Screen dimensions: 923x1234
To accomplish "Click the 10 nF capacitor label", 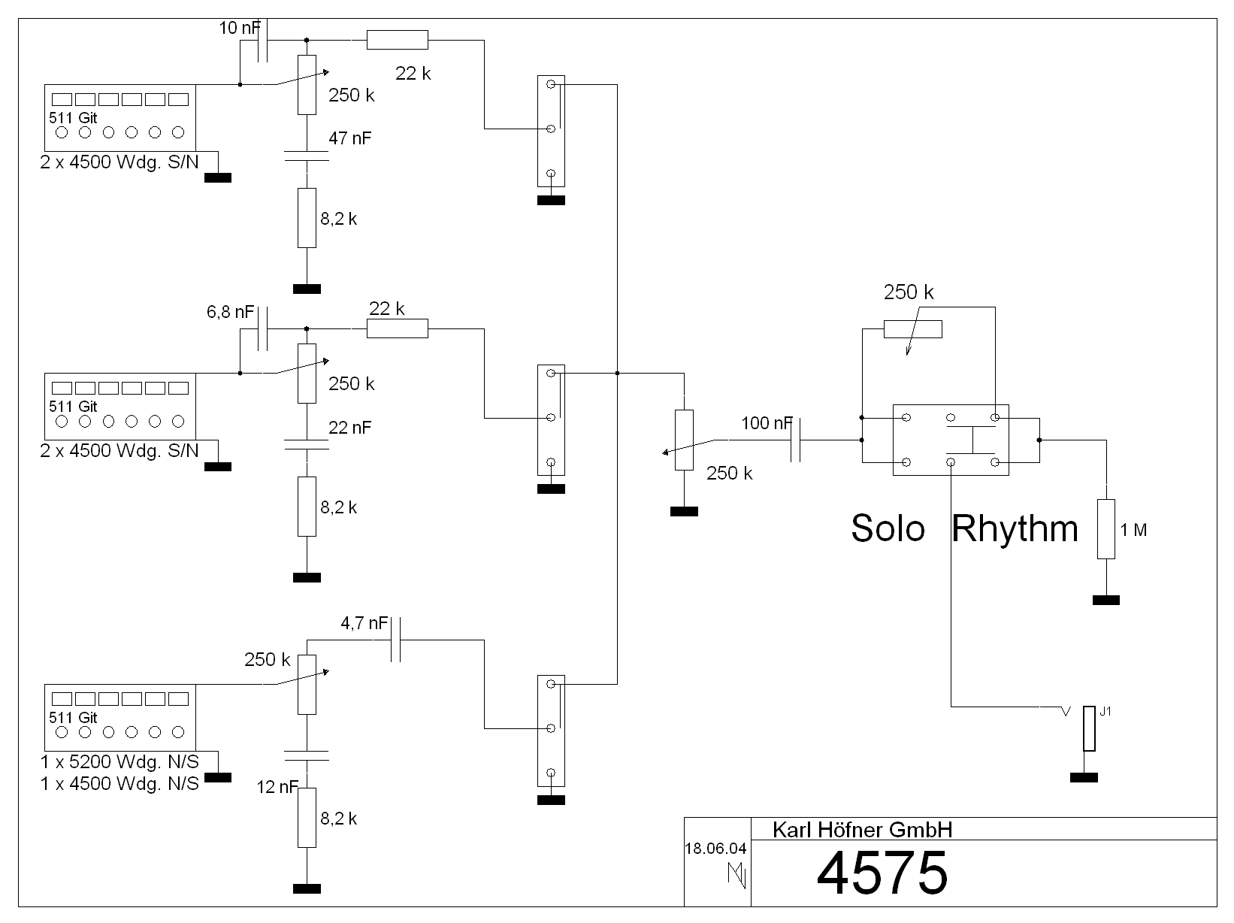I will tap(239, 29).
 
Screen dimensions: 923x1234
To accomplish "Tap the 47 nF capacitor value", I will tap(349, 138).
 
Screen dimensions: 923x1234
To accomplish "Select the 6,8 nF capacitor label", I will tap(230, 312).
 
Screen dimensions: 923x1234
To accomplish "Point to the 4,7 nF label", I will tap(364, 623).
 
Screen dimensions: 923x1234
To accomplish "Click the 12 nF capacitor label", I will tap(277, 787).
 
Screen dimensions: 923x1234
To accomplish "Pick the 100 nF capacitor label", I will tap(766, 423).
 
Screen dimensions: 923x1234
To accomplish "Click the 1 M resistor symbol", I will tap(1105, 528).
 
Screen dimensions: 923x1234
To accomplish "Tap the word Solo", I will tap(888, 528).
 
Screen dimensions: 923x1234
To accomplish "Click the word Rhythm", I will tap(1015, 528).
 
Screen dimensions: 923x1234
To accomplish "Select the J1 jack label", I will tap(1105, 712).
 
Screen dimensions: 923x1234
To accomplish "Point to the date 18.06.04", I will tap(715, 849).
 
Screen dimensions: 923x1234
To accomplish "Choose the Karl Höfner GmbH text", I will tap(862, 830).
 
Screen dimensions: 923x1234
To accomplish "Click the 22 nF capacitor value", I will tap(349, 427).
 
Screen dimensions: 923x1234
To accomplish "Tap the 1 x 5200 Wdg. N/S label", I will tap(119, 762).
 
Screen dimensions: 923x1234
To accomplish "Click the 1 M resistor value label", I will tap(1133, 530).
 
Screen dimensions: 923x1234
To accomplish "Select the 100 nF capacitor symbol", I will tap(797, 440).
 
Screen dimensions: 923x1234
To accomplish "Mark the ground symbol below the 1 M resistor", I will tap(1105, 600).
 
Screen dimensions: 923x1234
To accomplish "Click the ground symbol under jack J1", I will tap(1083, 777).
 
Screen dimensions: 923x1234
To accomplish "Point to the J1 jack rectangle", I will tap(1089, 728).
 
